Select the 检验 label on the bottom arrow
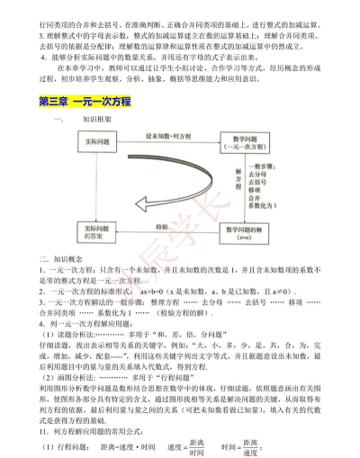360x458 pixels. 160,228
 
